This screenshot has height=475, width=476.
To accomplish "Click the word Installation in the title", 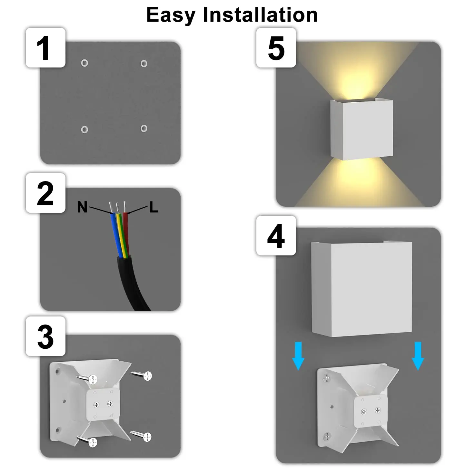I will pos(260,15).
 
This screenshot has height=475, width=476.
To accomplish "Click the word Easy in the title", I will pos(171,15).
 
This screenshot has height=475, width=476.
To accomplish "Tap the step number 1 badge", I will pos(45,48).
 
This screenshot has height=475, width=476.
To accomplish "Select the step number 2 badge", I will pos(45,193).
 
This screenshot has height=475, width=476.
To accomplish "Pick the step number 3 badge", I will pos(45,336).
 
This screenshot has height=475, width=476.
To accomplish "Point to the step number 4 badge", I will pos(276,236).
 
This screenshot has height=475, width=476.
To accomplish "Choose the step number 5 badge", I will pos(276,48).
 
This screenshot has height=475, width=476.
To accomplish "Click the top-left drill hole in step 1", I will pos(84,63).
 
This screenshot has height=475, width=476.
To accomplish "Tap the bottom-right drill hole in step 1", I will pos(144,129).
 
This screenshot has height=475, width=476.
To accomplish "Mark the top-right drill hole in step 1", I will pos(144,64).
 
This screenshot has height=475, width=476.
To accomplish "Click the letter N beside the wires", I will pos(82,207).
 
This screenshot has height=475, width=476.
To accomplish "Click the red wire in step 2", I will pos(126,232).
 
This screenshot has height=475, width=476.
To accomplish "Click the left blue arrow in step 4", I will pos(298,356).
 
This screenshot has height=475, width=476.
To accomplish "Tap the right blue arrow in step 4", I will pos(418,356).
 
